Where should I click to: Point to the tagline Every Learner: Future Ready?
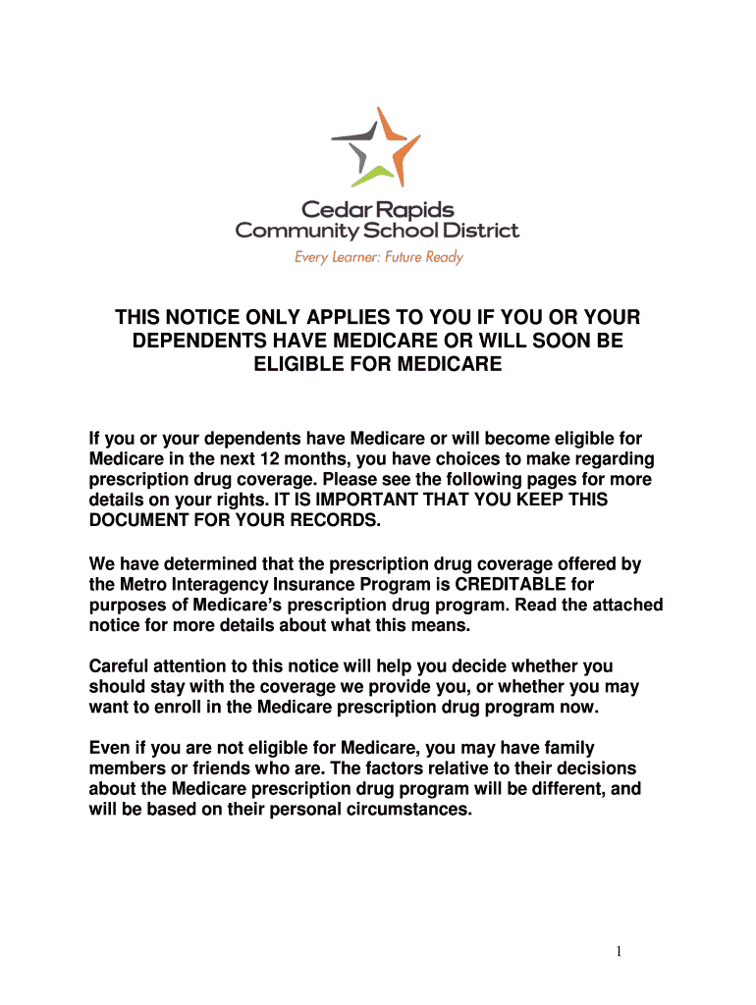(x=378, y=257)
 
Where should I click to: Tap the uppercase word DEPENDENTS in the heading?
(x=193, y=342)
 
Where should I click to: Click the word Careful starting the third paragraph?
(x=117, y=666)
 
